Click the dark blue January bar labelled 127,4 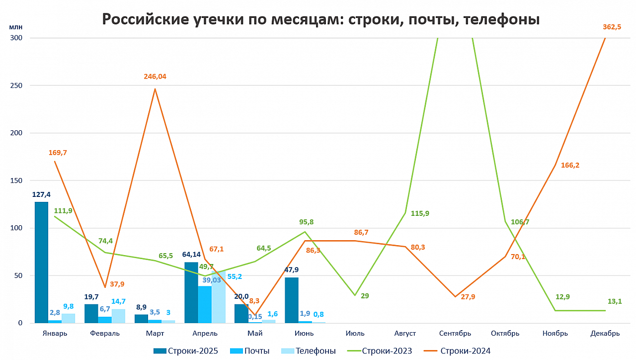(41, 263)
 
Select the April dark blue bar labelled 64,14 (191, 293)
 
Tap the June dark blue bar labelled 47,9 (292, 300)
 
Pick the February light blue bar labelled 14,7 (118, 316)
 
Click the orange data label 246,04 (155, 77)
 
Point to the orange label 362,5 (612, 27)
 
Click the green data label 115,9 (420, 213)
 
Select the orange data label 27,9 (468, 297)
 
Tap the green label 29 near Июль (365, 296)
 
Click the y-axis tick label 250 (16, 86)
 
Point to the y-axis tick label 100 (16, 228)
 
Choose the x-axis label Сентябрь (455, 333)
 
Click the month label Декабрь (605, 333)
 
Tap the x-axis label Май (255, 333)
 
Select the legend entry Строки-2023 (380, 351)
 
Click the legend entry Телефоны (309, 351)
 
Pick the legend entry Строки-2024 (457, 351)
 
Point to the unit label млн (15, 27)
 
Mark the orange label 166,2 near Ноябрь (570, 165)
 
